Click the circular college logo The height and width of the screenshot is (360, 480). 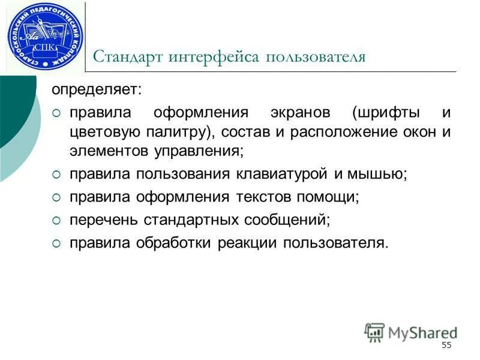click(46, 35)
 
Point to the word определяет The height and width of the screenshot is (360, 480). click(97, 91)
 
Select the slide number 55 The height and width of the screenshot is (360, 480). click(446, 345)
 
